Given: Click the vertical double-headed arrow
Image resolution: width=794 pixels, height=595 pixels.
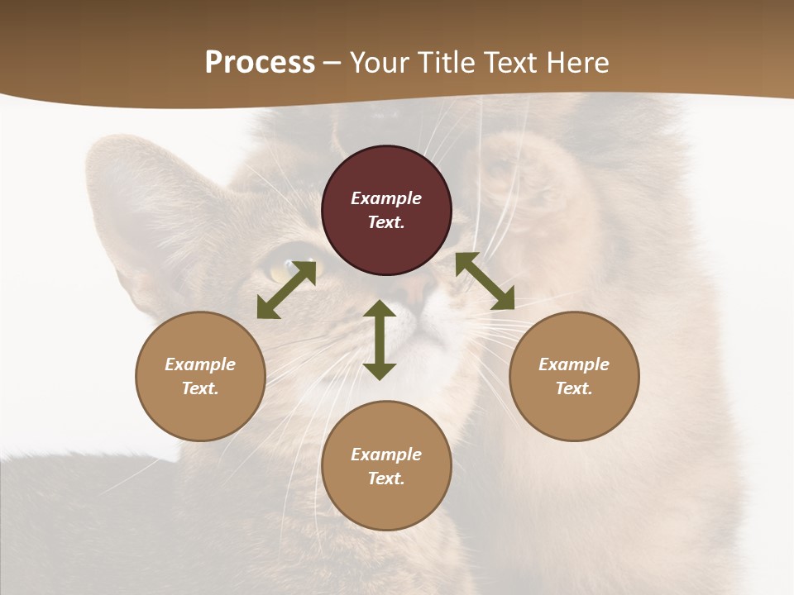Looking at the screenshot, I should click(x=380, y=340).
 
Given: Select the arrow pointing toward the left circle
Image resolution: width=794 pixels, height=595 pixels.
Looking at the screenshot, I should click(x=285, y=290).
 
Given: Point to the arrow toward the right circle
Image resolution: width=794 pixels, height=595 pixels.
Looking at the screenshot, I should click(x=485, y=282).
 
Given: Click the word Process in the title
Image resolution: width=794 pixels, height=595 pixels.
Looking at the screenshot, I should click(x=260, y=63).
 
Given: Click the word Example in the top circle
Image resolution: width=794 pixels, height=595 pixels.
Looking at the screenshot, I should click(x=386, y=198).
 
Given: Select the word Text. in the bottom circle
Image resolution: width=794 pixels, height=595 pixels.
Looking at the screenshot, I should click(x=386, y=478).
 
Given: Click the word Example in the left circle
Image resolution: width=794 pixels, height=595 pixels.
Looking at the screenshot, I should click(x=200, y=364).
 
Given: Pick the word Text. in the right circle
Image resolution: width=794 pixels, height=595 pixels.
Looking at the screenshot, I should click(x=574, y=388).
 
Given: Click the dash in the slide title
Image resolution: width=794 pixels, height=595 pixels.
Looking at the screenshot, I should click(x=332, y=63).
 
